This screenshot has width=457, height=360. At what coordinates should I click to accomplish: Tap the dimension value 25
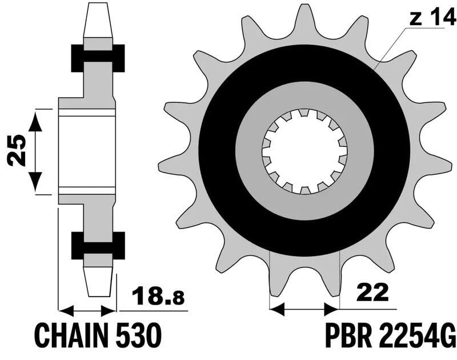[17, 150]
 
